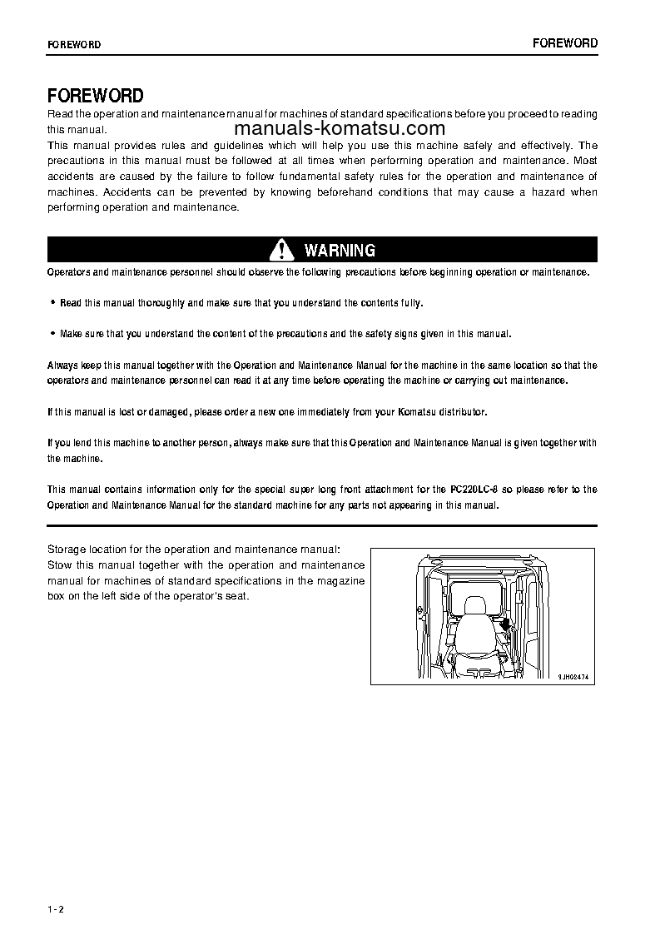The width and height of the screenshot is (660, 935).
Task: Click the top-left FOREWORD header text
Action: tap(74, 45)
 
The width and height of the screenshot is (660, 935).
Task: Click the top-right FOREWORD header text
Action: tap(565, 43)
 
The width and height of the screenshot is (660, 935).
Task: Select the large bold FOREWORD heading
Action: tap(96, 96)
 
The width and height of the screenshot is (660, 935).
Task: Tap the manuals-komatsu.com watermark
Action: tap(340, 128)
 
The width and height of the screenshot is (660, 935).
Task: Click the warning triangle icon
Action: tap(282, 250)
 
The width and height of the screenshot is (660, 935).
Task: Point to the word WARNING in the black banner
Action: tap(340, 250)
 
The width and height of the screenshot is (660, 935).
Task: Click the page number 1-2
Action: tap(56, 908)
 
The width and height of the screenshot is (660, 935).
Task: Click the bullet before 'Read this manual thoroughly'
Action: tap(53, 303)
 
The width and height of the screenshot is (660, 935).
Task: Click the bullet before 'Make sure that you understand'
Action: tap(53, 334)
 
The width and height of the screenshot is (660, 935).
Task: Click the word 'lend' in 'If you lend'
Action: tap(86, 443)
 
